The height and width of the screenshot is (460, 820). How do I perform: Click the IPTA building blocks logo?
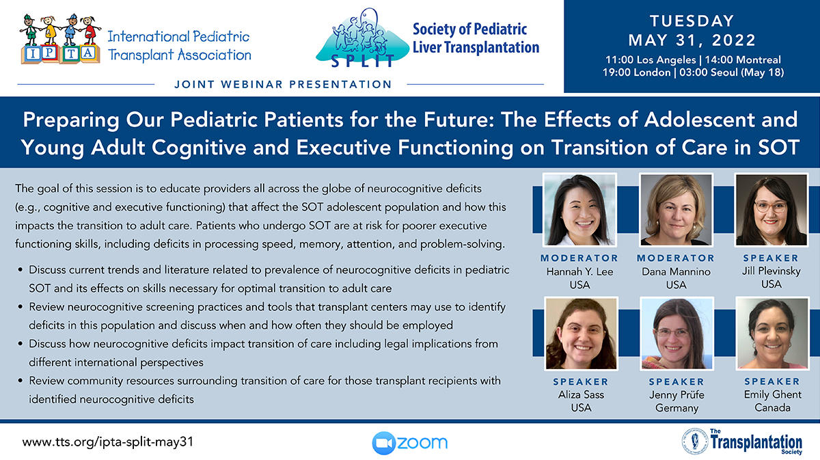(61, 39)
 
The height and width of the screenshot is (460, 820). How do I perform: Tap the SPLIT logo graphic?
(362, 38)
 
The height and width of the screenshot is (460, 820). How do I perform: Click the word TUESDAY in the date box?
(692, 21)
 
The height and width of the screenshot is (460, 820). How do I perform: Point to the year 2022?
(734, 40)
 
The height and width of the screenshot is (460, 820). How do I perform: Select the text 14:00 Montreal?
(743, 59)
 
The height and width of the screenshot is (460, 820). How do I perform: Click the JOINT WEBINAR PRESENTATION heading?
(283, 84)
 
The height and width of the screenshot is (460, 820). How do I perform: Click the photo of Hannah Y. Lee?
(580, 210)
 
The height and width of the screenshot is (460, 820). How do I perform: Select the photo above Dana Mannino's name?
(676, 210)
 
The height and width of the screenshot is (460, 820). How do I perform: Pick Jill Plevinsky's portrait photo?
(771, 210)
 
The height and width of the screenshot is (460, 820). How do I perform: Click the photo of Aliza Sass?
(581, 334)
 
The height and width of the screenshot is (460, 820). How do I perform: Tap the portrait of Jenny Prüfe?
(677, 334)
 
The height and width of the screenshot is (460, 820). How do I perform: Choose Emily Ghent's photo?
(772, 334)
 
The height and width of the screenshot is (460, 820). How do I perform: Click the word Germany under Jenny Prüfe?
(677, 408)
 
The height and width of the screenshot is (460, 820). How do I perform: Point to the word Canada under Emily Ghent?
(772, 407)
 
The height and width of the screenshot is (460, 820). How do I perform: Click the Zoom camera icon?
(383, 443)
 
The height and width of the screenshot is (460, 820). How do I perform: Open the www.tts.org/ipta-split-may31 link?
(108, 442)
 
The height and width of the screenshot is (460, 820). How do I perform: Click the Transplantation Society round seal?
(694, 442)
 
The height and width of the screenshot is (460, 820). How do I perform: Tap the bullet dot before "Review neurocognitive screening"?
(20, 307)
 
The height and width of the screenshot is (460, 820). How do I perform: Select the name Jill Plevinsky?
(771, 271)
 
